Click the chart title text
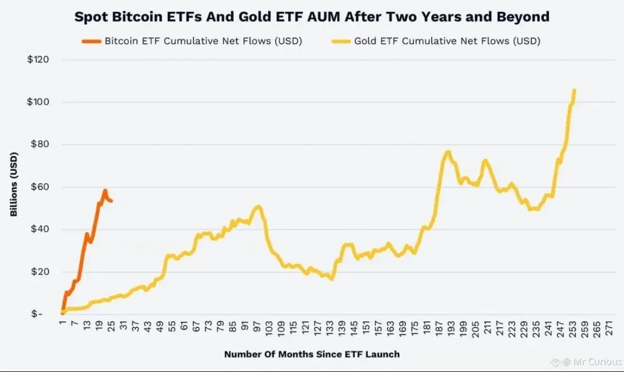click(312, 16)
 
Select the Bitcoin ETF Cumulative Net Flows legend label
click(203, 41)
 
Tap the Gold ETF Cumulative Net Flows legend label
click(447, 41)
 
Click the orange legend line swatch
click(91, 41)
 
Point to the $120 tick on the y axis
click(38, 60)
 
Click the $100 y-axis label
click(38, 102)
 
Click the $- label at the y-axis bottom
click(36, 314)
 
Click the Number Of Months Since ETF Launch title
click(311, 354)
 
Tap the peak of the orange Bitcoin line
click(105, 190)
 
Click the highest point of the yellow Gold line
click(574, 90)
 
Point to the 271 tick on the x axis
click(610, 328)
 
